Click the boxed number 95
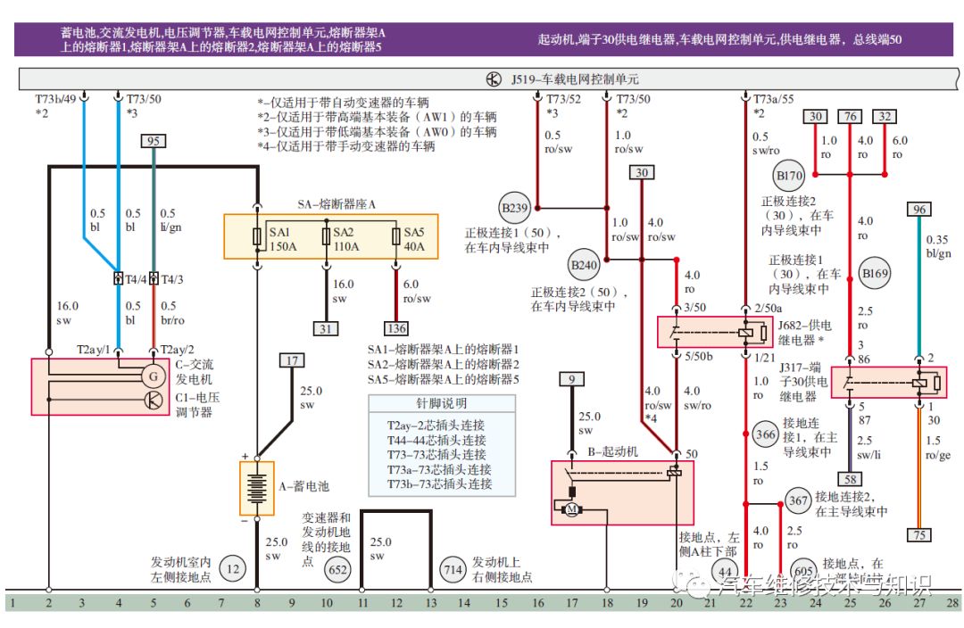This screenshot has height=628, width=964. point(154,141)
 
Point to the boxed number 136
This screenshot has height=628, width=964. point(395,328)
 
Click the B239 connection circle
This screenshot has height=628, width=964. point(514,210)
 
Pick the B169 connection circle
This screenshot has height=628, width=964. point(876,273)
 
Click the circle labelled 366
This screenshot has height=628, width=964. point(765,434)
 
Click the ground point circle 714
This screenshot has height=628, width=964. point(453,568)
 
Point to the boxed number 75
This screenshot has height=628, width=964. point(918,534)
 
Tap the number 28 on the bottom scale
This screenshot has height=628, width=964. point(952,603)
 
